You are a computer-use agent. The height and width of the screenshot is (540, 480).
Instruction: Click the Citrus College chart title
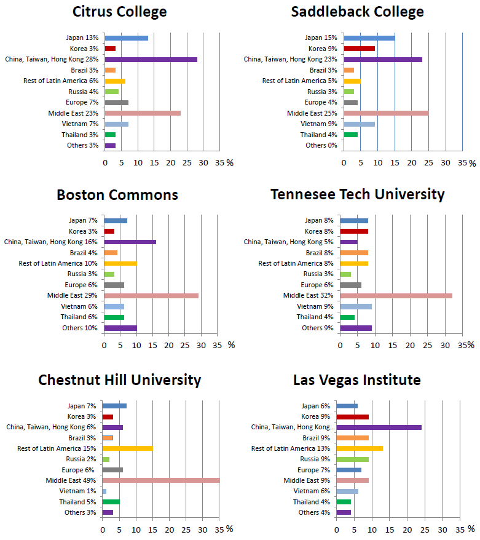[x=119, y=12]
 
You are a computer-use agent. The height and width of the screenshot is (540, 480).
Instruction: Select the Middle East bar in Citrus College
[x=143, y=113]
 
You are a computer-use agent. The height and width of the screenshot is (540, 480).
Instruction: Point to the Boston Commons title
[x=117, y=195]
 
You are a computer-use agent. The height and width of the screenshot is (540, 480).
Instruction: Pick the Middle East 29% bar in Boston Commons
[x=151, y=296]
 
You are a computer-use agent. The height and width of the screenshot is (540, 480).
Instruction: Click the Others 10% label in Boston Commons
[x=83, y=328]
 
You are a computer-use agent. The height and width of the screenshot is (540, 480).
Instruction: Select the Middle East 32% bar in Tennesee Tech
[x=396, y=296]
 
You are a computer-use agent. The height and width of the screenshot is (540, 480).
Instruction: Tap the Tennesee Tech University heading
[x=358, y=194]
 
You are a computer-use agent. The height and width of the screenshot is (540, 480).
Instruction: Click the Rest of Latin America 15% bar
[x=127, y=448]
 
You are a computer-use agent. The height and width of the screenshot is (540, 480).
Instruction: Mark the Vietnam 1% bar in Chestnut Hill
[x=104, y=491]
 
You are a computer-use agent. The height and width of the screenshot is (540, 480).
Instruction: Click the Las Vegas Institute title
[x=356, y=380]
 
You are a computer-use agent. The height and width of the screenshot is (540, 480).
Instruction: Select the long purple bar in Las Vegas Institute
[x=379, y=427]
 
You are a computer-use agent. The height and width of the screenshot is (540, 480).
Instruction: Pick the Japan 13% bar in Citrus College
[x=126, y=38]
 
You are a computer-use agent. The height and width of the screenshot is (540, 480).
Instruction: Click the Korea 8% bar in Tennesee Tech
[x=354, y=231]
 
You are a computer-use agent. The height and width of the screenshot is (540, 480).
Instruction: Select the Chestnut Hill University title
[x=119, y=380]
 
